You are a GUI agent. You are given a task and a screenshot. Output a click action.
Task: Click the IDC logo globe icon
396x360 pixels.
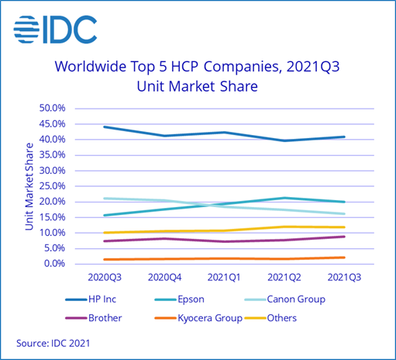click(x=28, y=30)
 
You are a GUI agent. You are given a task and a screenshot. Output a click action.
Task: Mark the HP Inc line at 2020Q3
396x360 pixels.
click(x=104, y=126)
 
